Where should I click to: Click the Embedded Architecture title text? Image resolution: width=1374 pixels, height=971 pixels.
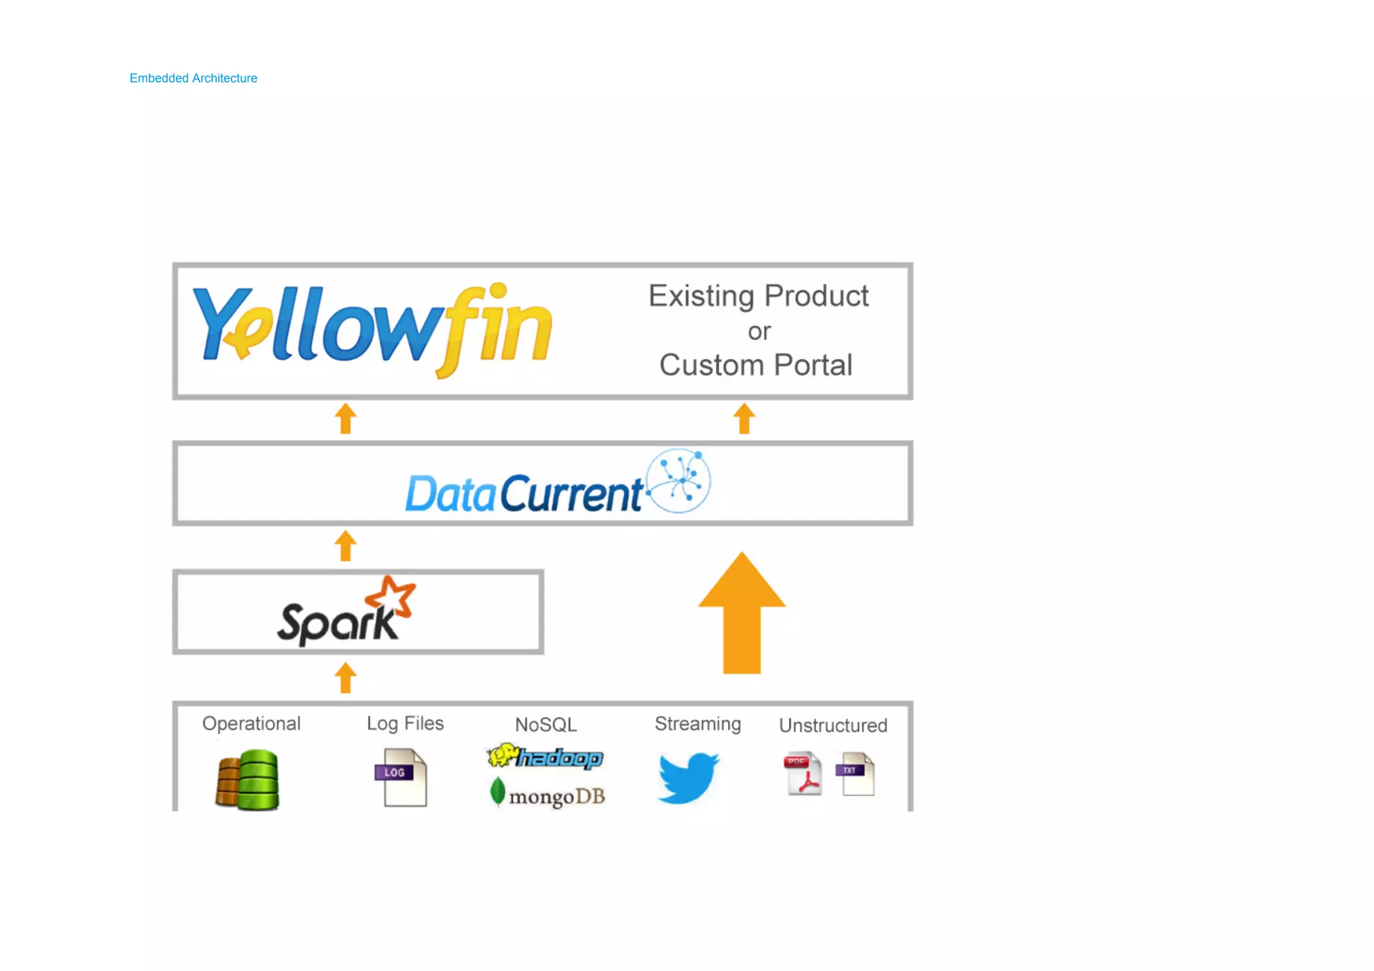(193, 78)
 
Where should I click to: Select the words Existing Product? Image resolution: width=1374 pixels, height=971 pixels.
(758, 296)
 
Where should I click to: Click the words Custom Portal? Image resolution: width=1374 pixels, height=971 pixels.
(755, 365)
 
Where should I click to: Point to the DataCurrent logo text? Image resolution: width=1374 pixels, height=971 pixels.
(524, 494)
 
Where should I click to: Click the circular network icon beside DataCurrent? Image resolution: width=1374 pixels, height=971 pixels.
(678, 481)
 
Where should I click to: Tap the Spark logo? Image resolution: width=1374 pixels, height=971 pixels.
(346, 612)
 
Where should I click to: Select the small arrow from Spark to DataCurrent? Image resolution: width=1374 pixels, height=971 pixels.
(346, 546)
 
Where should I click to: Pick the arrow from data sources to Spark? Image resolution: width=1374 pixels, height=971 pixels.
(346, 678)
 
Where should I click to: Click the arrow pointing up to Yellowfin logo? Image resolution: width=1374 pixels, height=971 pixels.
(346, 419)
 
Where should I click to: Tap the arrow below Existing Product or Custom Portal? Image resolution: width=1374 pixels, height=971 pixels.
(744, 419)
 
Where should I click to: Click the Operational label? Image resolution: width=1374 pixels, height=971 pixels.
(252, 724)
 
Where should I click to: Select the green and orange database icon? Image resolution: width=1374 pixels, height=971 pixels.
(248, 780)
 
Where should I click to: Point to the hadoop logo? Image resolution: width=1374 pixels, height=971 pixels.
(545, 757)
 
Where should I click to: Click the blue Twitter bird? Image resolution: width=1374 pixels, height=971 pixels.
(688, 777)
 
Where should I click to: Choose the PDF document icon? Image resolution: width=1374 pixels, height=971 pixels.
(803, 774)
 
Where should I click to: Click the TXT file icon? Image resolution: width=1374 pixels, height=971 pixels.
(856, 774)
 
